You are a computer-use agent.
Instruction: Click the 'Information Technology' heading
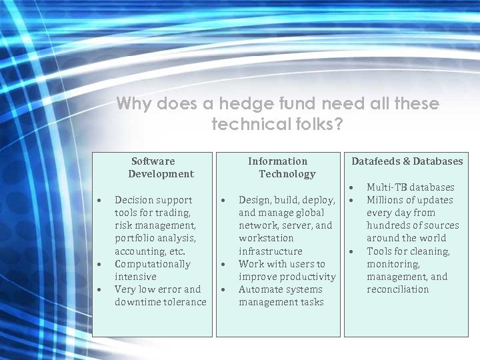[278, 167]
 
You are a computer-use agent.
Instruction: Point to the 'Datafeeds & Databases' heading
[407, 161]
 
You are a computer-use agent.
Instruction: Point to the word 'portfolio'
[137, 239]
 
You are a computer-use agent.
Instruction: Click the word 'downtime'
[137, 302]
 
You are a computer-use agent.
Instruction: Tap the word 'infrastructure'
[270, 251]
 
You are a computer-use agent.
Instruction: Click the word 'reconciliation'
[397, 289]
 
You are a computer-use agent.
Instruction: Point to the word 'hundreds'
[389, 225]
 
